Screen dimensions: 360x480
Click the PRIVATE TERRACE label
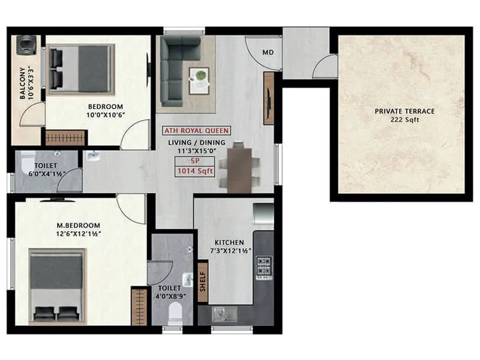[404, 111]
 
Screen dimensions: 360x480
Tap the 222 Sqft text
[404, 120]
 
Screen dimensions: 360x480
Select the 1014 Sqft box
[196, 172]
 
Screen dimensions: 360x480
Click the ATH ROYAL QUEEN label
[196, 131]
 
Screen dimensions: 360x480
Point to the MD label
[268, 52]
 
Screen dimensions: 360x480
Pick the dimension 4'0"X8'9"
[170, 296]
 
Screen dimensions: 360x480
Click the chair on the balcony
[26, 46]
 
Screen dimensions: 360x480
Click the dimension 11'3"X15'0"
[196, 150]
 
